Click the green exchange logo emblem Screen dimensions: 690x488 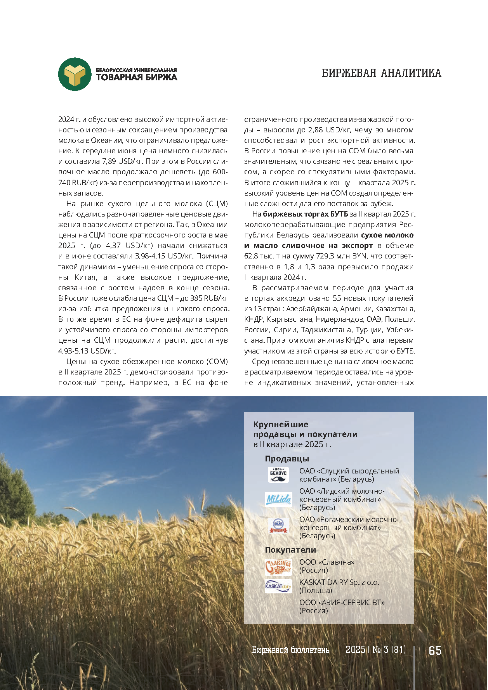pos(75,74)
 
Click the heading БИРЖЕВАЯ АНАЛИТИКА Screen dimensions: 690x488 pos(381,73)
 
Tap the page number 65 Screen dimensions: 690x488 pos(435,650)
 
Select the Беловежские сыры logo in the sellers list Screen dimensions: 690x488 pos(278,475)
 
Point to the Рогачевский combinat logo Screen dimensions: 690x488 pos(278,526)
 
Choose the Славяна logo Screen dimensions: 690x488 pos(278,567)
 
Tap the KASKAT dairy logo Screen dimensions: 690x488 pos(278,586)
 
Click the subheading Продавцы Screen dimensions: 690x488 pos(287,459)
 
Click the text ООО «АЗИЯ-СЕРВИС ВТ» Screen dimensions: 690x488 pos(342,602)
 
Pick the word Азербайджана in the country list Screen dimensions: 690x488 pos(312,309)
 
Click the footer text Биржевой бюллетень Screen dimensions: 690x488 pos(290,650)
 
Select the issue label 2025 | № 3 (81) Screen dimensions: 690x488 pos(375,650)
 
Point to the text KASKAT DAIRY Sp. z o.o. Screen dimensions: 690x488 pos(339,582)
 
